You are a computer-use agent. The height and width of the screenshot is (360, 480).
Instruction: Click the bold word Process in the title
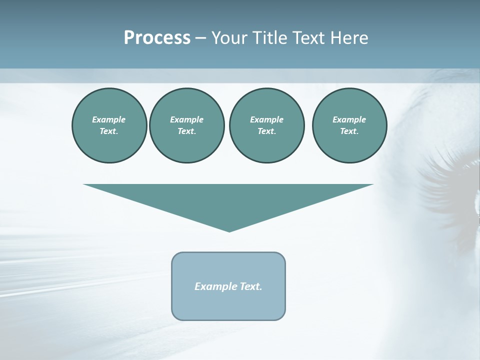pyautogui.click(x=157, y=37)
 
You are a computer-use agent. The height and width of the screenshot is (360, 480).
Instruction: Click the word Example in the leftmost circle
pyautogui.click(x=109, y=119)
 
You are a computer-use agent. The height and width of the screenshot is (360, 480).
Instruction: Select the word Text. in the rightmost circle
pyautogui.click(x=349, y=131)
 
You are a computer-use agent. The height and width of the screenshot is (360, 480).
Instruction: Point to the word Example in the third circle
pyautogui.click(x=266, y=119)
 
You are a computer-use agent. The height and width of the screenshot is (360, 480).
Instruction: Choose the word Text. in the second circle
pyautogui.click(x=186, y=131)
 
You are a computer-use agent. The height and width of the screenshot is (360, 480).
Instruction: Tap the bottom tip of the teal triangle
pyautogui.click(x=229, y=230)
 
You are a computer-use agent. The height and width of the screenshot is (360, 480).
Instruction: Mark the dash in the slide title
pyautogui.click(x=201, y=38)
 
